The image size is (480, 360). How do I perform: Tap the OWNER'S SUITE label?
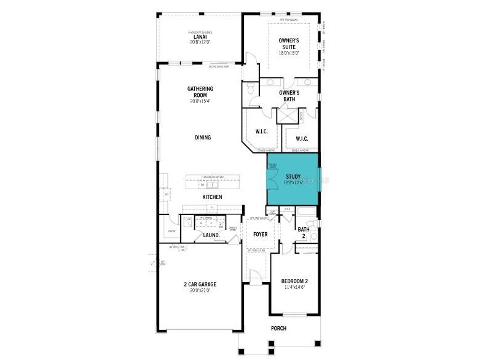pyautogui.click(x=289, y=44)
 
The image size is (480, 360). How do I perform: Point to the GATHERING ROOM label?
pyautogui.click(x=200, y=92)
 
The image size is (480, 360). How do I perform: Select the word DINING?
pyautogui.click(x=203, y=138)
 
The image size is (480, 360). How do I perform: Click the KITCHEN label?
pyautogui.click(x=212, y=197)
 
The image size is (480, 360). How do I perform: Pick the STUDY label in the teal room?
pyautogui.click(x=293, y=177)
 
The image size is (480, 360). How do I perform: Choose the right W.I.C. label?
pyautogui.click(x=301, y=138)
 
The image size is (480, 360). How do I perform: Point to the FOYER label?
pyautogui.click(x=261, y=234)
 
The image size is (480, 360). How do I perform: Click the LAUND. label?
pyautogui.click(x=211, y=235)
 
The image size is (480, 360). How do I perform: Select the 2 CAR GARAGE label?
pyautogui.click(x=200, y=284)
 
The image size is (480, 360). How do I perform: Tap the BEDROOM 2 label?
pyautogui.click(x=295, y=281)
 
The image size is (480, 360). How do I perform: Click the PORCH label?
pyautogui.click(x=278, y=329)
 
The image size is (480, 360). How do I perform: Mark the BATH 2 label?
pyautogui.click(x=304, y=233)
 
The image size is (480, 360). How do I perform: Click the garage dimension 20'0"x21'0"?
pyautogui.click(x=200, y=291)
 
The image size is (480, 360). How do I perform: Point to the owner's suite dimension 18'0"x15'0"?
pyautogui.click(x=289, y=53)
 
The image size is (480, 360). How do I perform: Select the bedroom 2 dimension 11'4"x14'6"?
pyautogui.click(x=295, y=288)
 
